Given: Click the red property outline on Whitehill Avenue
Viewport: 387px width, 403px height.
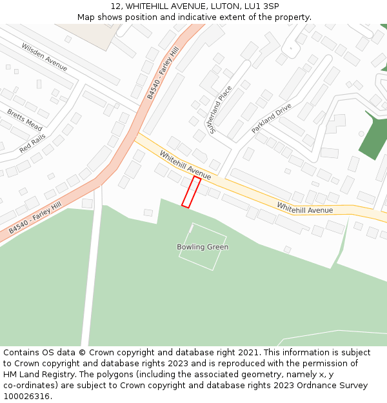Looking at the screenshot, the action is point(192,192).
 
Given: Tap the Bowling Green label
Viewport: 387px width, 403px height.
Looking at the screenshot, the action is point(203,247).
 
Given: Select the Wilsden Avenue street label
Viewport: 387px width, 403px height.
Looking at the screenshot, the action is point(44,57).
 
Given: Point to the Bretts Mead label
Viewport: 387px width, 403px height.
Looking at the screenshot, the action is point(25,120).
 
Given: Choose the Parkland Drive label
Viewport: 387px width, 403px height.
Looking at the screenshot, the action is point(272,117).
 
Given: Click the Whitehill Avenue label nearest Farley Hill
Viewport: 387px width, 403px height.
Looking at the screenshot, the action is point(185,166).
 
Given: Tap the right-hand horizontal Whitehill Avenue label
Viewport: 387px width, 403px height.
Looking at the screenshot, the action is point(305,209).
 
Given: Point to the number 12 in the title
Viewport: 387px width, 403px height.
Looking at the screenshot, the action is point(115,6).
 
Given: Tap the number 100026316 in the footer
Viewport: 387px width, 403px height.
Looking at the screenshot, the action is point(25,397).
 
